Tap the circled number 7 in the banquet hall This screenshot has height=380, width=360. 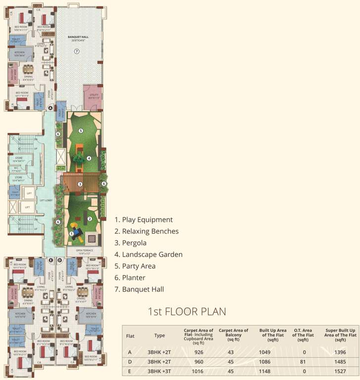pos(77,51)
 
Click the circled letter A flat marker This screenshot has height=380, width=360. pos(50,108)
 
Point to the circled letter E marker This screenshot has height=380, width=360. pos(51,260)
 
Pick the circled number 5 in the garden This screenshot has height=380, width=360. pos(80,131)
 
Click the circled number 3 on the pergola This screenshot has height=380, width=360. pos(79,184)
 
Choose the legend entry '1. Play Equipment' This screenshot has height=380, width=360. pos(144,220)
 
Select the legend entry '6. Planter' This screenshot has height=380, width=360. pos(130,278)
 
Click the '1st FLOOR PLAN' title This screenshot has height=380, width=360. pos(187,312)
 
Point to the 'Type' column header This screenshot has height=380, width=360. pos(159,335)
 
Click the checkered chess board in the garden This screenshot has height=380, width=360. pos(93,238)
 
